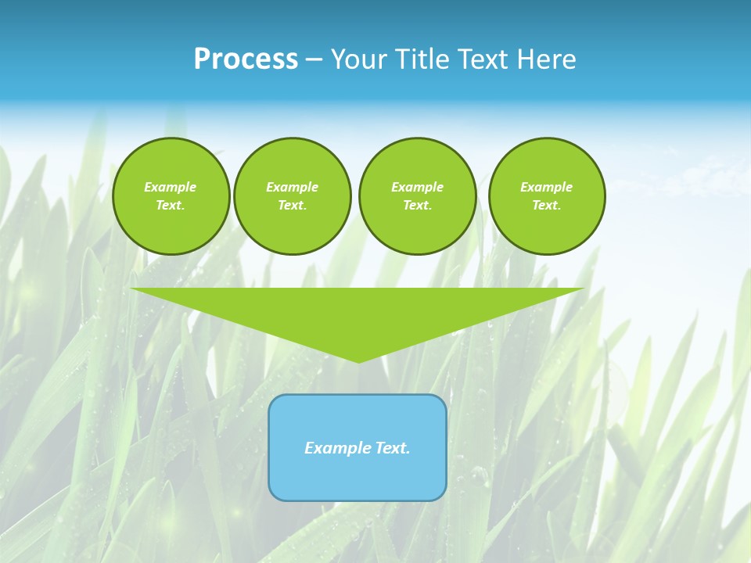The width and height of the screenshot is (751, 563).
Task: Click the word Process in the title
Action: [x=246, y=59]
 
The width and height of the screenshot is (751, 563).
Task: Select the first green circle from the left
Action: [x=171, y=196]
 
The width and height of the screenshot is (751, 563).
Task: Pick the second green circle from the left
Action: [x=292, y=196]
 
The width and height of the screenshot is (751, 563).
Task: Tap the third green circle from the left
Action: [x=417, y=196]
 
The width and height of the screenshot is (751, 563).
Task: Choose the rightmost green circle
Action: [x=547, y=196]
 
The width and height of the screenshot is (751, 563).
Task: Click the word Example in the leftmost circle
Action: [x=171, y=188]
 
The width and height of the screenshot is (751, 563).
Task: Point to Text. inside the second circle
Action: [x=292, y=206]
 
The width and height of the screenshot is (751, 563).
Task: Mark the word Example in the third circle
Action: [x=417, y=188]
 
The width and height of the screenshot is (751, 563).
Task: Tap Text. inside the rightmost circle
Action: [x=547, y=206]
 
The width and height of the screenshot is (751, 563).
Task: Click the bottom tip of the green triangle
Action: [x=358, y=360]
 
